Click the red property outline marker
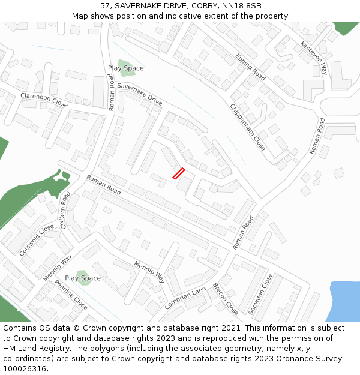[x=178, y=173]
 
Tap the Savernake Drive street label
[x=140, y=95]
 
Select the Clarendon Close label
[x=44, y=100]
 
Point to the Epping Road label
[x=251, y=67]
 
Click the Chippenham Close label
[x=248, y=127]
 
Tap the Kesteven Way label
[x=314, y=58]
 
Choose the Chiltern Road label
[x=65, y=210]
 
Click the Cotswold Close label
[x=36, y=240]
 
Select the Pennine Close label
[x=71, y=295]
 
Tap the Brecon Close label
[x=226, y=299]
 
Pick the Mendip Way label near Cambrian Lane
[x=149, y=272]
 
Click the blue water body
[x=345, y=301]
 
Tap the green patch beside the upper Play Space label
[x=125, y=68]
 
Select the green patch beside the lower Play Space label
[x=83, y=278]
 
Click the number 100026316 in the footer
[x=23, y=368]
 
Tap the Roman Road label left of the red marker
[x=103, y=183]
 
